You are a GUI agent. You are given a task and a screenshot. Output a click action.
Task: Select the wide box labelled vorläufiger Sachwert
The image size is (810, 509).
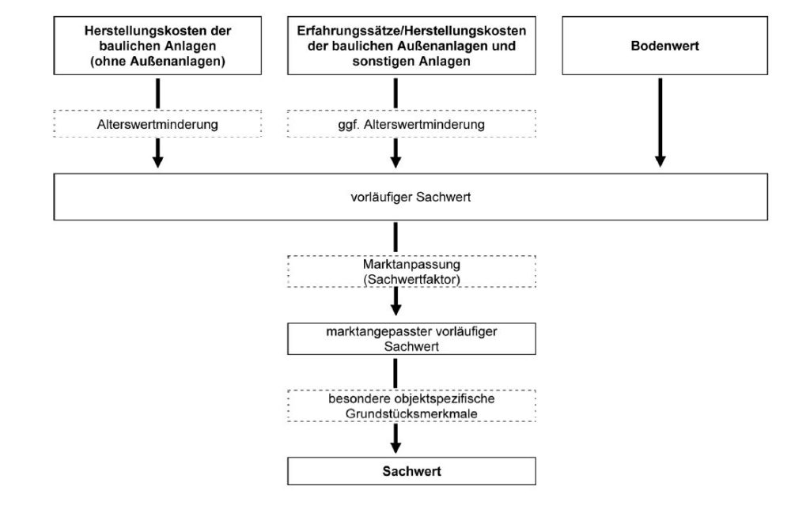(x=411, y=197)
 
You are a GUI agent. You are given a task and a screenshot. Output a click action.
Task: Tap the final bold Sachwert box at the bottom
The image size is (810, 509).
(x=411, y=471)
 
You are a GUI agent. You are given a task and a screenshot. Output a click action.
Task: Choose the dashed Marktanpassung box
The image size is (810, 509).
(x=411, y=271)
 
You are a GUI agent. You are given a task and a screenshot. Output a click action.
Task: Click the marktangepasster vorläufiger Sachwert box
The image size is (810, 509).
(x=411, y=339)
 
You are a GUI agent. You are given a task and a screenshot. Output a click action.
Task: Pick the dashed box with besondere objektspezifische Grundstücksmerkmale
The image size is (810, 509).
(x=411, y=405)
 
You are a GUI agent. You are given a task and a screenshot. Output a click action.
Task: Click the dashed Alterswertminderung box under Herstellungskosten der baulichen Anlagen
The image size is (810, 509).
(x=158, y=125)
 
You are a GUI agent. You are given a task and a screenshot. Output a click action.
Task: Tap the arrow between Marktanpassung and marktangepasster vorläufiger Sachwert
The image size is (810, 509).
(x=396, y=300)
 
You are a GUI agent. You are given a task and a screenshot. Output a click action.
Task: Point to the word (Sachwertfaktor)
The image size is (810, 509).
(x=411, y=278)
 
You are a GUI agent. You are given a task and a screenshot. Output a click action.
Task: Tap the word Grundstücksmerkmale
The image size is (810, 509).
(x=411, y=413)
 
